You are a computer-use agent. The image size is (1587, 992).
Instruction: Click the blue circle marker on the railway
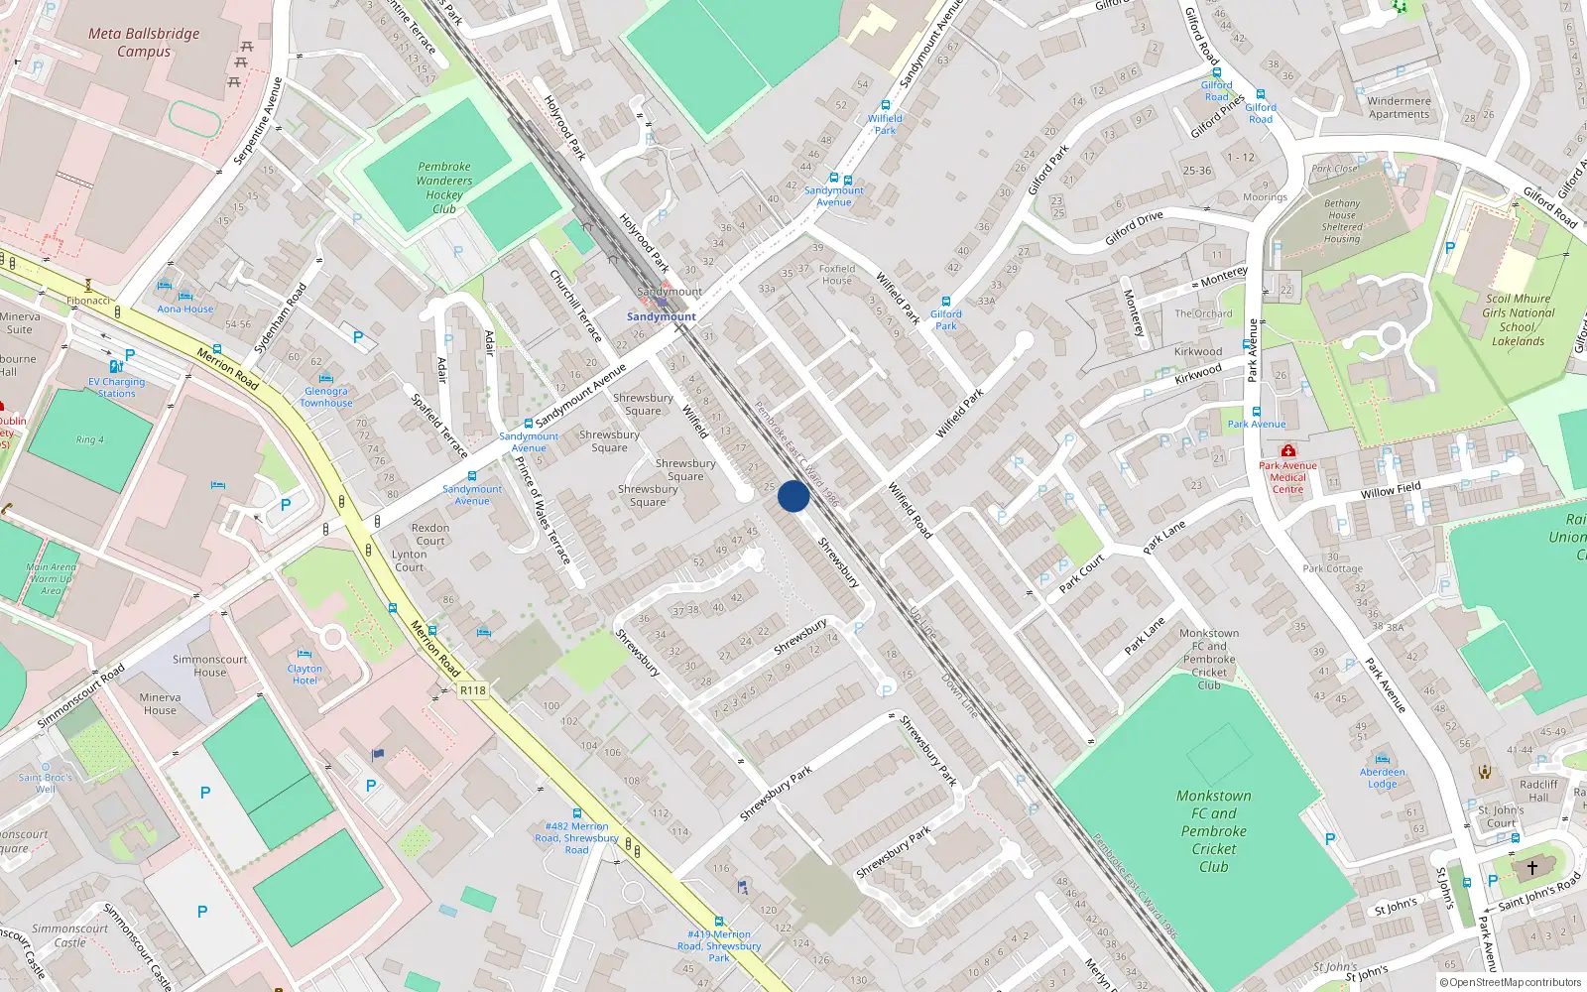(x=793, y=496)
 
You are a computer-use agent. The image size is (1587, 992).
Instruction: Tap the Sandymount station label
(x=662, y=316)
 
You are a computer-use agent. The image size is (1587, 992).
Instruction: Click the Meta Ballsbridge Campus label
(x=144, y=42)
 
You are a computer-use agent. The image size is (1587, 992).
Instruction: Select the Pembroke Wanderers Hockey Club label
(x=444, y=187)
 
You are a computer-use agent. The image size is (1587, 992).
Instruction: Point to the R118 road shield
(x=473, y=690)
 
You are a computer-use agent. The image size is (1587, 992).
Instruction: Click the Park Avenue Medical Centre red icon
(x=1288, y=450)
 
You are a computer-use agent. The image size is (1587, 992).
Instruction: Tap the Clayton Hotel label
(x=305, y=675)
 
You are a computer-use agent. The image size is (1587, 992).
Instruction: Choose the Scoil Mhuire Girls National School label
(x=1518, y=319)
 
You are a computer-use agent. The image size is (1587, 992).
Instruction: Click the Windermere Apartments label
(x=1399, y=107)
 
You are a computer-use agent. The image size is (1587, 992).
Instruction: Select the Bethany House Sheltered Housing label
(x=1341, y=220)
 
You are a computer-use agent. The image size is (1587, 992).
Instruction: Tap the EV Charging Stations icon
(x=115, y=366)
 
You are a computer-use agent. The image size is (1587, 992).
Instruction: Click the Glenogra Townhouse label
(x=326, y=397)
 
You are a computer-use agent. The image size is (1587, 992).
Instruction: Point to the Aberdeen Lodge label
(x=1382, y=778)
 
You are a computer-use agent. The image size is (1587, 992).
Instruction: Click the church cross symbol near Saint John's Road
(x=1531, y=867)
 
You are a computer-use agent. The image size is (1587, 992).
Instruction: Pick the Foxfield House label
(x=837, y=274)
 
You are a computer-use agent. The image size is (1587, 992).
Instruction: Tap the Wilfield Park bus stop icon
(x=886, y=105)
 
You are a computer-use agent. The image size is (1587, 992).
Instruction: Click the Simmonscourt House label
(x=209, y=666)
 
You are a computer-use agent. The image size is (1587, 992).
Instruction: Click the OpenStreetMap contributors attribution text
(x=1514, y=982)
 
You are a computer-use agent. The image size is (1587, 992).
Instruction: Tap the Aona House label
(x=184, y=309)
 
